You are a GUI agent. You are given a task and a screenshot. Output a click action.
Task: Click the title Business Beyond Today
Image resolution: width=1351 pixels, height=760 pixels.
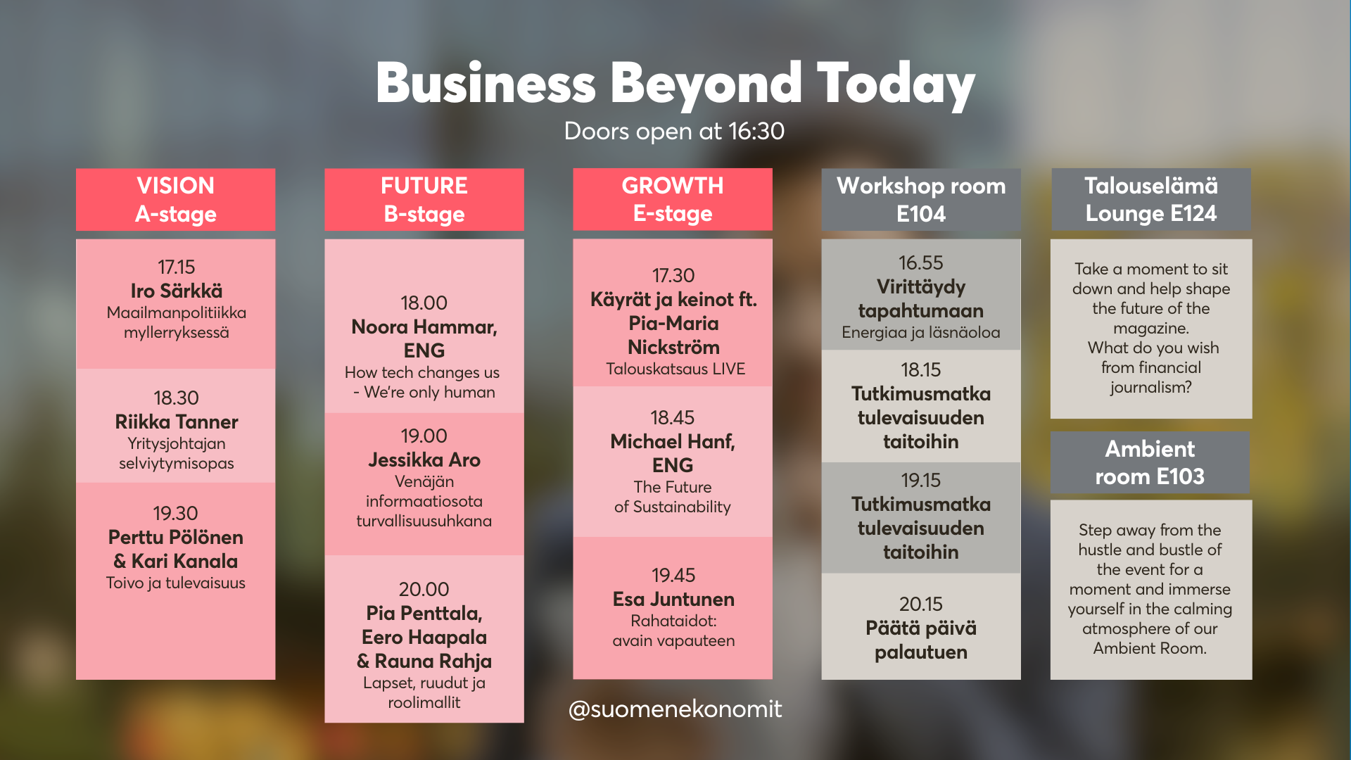675,84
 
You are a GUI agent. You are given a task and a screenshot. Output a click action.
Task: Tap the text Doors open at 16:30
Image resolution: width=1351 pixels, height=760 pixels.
674,131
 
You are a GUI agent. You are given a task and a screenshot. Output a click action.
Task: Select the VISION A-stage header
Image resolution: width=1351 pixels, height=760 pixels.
176,199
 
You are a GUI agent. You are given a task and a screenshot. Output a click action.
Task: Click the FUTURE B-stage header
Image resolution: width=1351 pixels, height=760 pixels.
424,199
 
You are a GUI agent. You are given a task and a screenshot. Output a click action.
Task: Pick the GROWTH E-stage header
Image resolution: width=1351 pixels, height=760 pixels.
673,199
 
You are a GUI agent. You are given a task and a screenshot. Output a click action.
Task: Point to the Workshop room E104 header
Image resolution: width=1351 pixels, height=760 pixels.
921,199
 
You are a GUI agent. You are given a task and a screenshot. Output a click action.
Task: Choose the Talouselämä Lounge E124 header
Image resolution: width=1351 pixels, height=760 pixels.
1151,199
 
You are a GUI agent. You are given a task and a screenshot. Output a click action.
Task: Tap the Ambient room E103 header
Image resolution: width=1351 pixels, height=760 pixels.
1150,462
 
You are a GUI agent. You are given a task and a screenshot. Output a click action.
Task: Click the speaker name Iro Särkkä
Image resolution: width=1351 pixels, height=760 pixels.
177,291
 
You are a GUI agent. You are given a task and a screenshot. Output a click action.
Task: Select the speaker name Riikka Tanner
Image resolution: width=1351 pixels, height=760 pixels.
177,422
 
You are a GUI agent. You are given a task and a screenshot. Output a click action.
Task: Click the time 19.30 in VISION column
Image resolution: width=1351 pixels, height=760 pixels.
176,513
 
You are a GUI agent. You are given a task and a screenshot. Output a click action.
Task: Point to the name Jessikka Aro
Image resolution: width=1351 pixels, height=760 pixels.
424,460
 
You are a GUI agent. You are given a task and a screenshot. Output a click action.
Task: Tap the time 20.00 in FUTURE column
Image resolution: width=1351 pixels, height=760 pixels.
424,589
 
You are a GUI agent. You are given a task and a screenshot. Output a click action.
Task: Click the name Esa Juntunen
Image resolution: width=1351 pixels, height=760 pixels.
673,599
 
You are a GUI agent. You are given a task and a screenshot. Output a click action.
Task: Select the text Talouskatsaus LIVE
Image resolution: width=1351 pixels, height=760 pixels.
675,369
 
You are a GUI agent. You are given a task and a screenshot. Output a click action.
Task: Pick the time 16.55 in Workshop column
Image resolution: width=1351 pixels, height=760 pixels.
920,262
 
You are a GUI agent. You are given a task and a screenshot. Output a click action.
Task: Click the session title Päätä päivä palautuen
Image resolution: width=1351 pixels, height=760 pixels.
921,640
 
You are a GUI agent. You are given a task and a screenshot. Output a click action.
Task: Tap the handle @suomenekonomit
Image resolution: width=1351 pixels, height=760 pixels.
675,709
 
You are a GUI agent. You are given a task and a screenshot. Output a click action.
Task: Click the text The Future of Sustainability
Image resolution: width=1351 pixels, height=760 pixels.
673,497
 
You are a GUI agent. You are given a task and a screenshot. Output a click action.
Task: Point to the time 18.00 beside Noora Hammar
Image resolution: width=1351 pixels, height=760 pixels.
424,303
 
